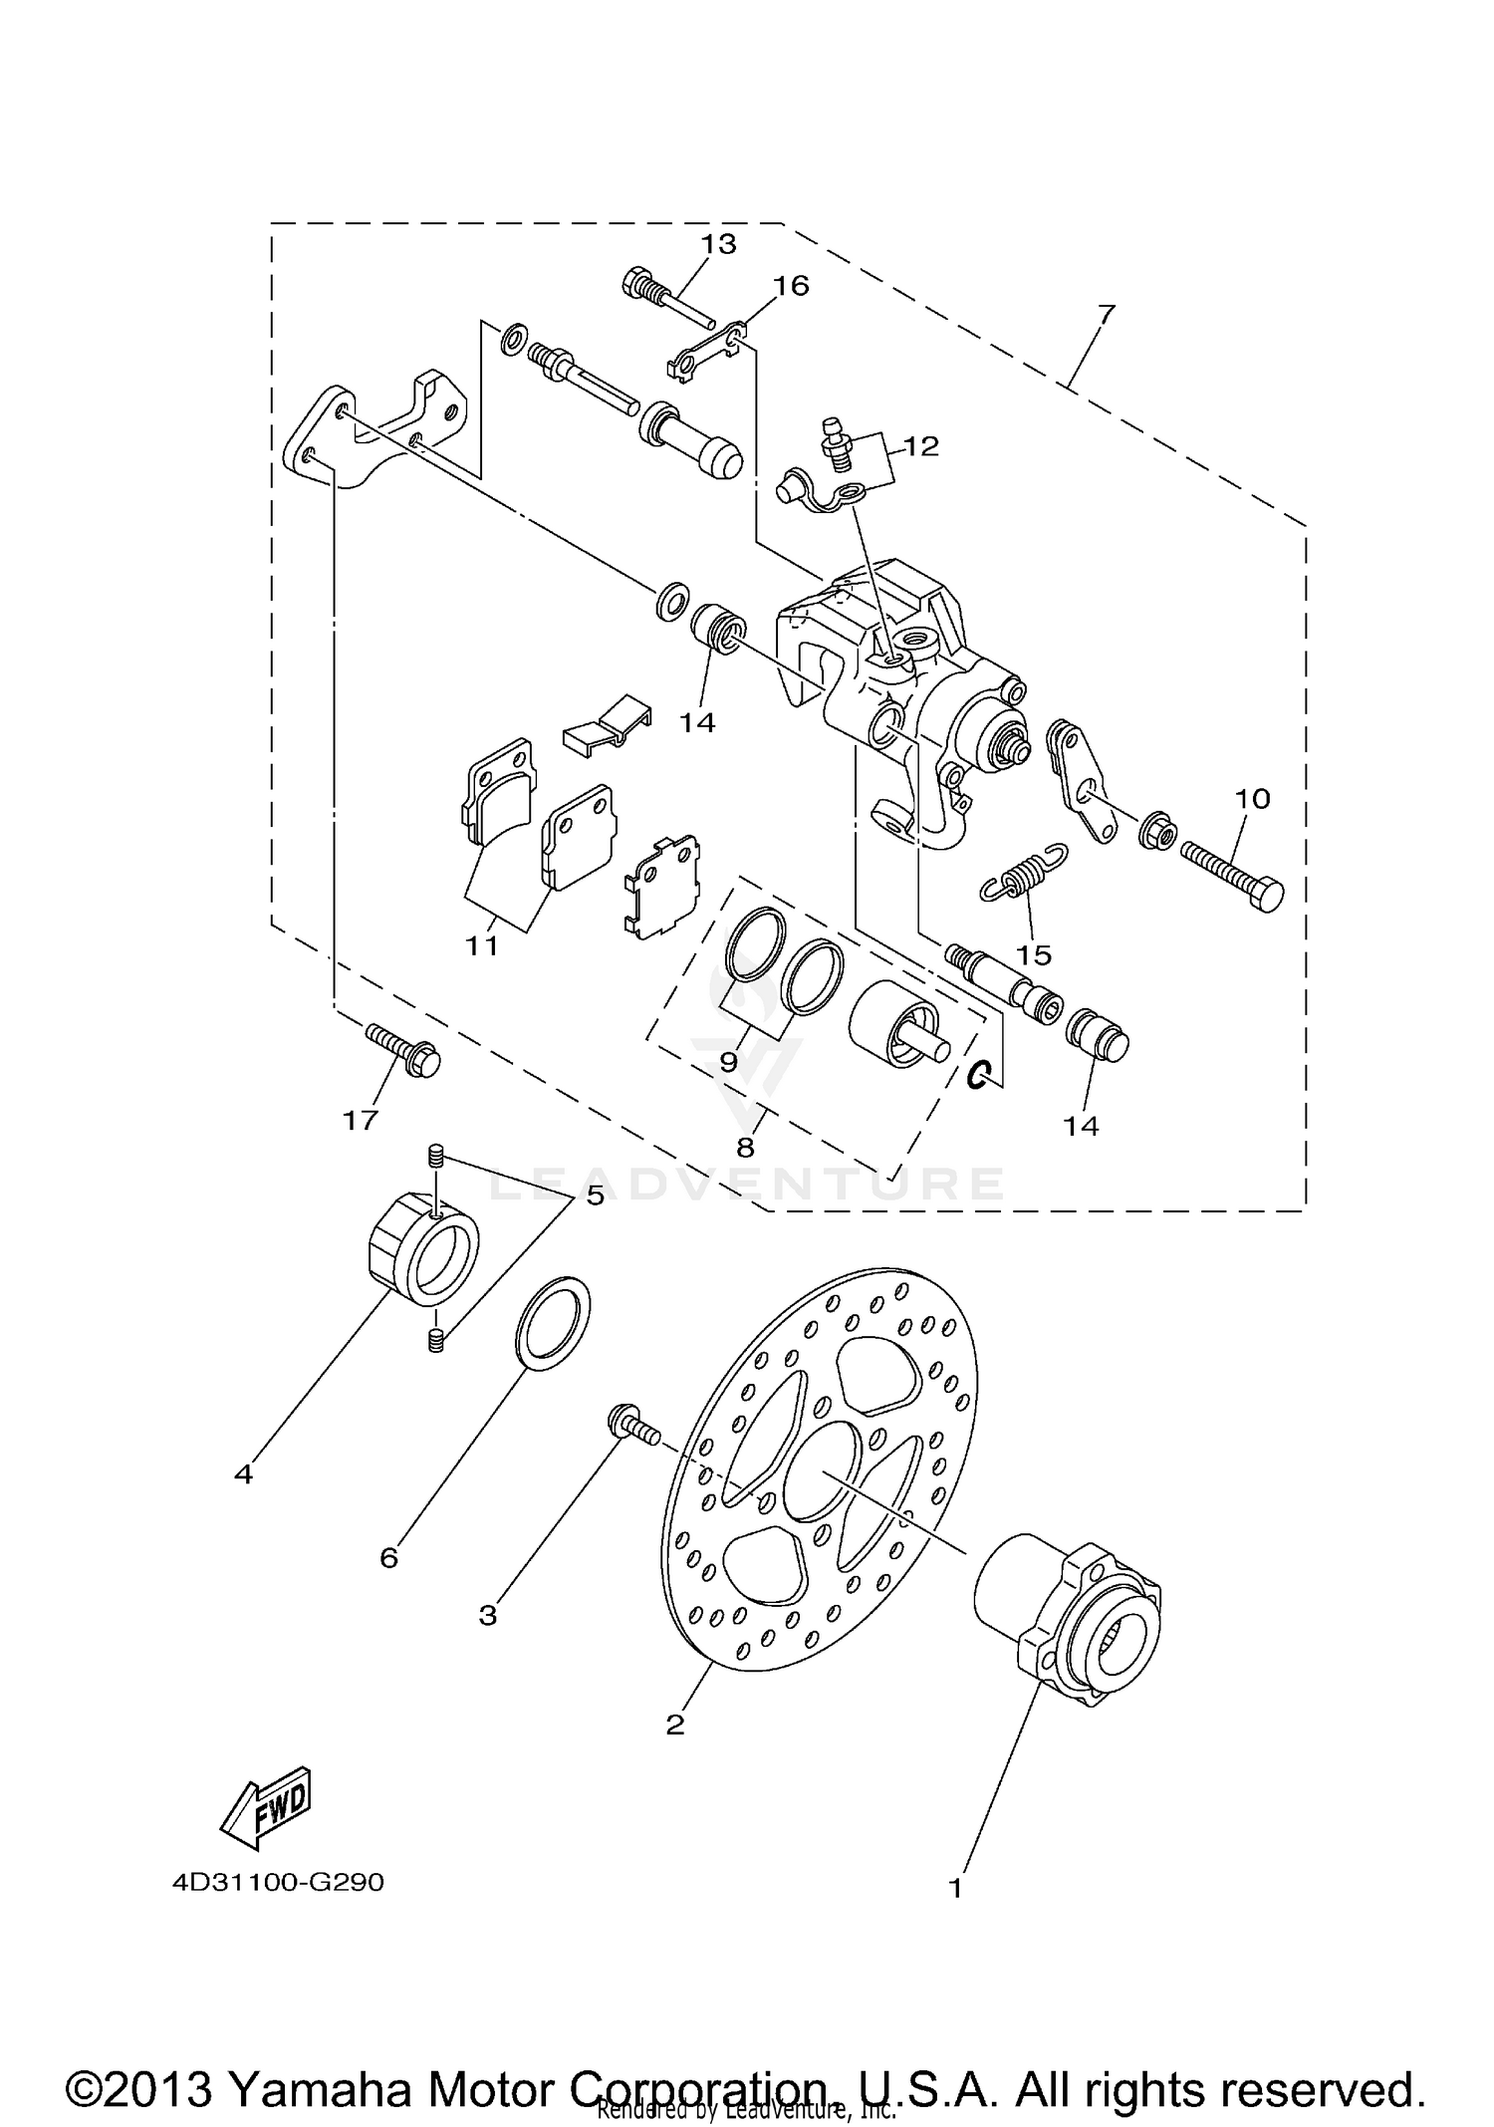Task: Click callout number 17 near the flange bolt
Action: tap(361, 1120)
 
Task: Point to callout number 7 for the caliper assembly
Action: tap(1106, 315)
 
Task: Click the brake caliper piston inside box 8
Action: tap(893, 1024)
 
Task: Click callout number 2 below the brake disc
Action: tap(675, 1725)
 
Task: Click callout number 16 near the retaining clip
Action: tap(791, 286)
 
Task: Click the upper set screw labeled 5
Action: tap(434, 1157)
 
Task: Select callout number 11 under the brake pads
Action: tap(482, 944)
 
